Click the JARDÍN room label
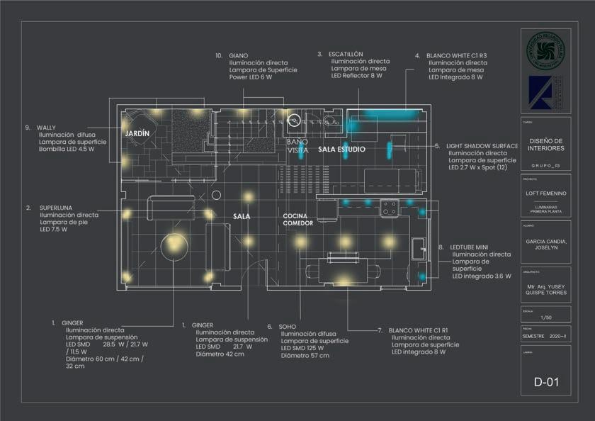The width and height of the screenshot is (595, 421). pos(137,133)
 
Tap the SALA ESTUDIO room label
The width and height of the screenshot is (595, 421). pos(341,150)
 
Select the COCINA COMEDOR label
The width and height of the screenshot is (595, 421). pos(298,219)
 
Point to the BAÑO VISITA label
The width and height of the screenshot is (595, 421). pos(297,145)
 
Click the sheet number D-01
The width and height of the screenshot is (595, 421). pos(546,383)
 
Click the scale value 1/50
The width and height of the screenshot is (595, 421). pos(545,317)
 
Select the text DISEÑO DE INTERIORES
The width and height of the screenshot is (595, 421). pos(546,145)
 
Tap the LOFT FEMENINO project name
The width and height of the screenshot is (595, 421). pos(546,193)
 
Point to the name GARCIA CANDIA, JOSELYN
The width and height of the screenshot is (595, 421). pos(546,245)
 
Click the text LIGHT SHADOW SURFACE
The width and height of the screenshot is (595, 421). pos(482,145)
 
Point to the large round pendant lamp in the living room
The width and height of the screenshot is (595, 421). pos(174,246)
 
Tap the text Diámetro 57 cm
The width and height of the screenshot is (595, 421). pos(305,355)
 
